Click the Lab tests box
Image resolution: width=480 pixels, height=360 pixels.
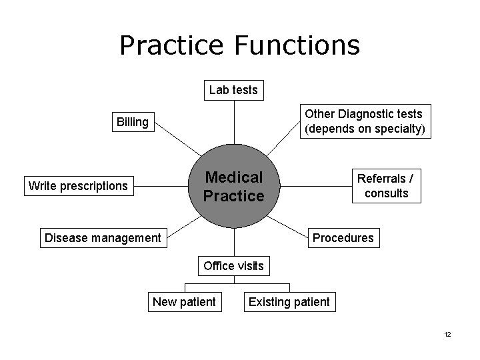[233, 89]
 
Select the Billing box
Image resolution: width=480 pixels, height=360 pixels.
[133, 121]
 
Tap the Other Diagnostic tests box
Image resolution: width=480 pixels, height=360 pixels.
[364, 121]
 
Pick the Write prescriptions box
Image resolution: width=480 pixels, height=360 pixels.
[78, 185]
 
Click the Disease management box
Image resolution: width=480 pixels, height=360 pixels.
[103, 237]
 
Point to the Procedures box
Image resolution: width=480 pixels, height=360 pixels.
[343, 237]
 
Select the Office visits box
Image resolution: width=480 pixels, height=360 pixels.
[233, 266]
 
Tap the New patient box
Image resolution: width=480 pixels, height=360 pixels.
[185, 302]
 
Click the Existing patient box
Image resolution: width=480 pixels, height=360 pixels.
[289, 302]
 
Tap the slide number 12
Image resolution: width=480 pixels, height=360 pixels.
[447, 334]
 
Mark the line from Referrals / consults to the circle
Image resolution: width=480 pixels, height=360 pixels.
[313, 186]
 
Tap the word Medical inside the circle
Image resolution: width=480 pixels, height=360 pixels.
[234, 177]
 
